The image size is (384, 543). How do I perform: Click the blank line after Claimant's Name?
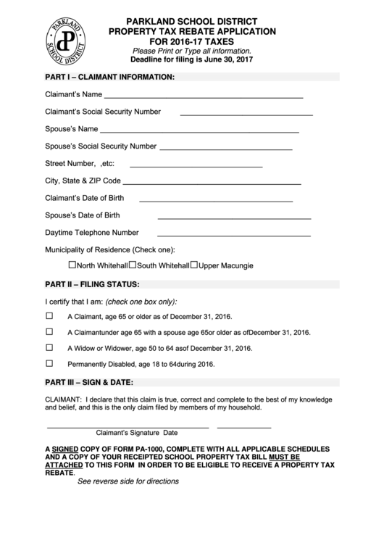pos(204,96)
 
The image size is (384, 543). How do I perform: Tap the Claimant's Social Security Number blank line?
pos(246,114)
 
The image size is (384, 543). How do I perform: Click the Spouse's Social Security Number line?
pos(225,148)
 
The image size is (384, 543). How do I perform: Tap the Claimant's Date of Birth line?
pos(215,199)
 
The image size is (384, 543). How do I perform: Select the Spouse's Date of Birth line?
pos(233,217)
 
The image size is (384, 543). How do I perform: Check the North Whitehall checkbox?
pos(72,265)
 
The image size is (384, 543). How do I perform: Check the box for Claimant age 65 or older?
pos(50,316)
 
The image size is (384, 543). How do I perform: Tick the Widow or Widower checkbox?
pos(50,347)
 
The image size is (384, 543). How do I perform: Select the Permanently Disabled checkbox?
pos(50,363)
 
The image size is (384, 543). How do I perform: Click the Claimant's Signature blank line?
pos(128,426)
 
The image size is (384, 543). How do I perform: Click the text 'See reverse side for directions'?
pos(128,481)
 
